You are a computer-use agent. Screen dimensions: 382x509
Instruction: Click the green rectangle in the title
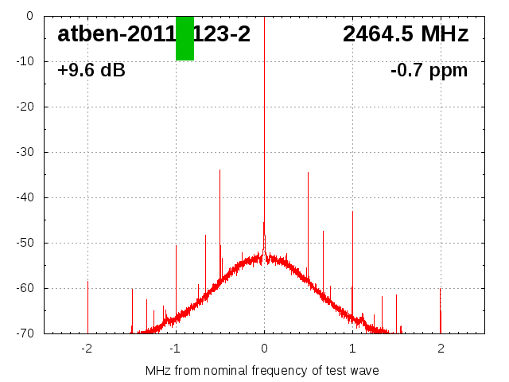click(185, 38)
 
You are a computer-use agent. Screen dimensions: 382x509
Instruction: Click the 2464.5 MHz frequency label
click(406, 34)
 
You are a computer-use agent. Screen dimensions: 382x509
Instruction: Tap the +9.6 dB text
click(91, 71)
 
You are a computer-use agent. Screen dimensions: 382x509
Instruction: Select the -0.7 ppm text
click(429, 71)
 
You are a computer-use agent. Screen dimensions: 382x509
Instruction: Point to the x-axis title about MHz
click(262, 371)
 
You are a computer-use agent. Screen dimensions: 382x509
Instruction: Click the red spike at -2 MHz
click(87, 306)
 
